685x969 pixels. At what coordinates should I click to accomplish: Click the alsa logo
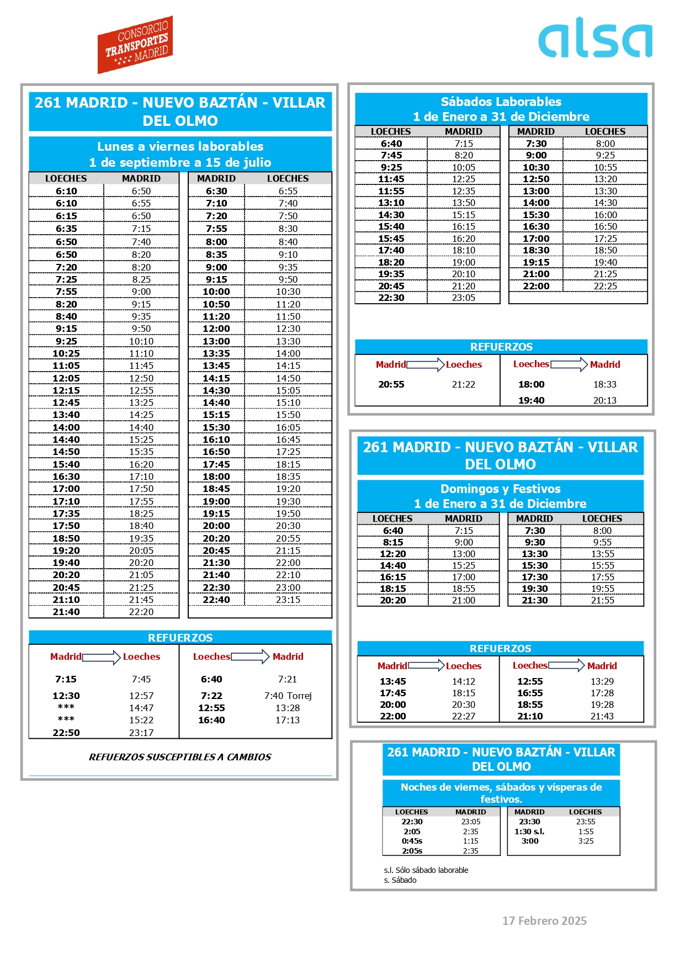[595, 38]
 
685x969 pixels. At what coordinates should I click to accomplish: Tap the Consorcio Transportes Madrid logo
[135, 45]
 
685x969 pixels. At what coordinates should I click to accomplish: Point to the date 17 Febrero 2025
[544, 921]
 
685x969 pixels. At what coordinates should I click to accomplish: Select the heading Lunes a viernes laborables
[180, 147]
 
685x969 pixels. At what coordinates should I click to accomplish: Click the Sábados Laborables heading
[501, 102]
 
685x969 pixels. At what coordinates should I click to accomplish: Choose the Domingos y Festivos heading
[500, 489]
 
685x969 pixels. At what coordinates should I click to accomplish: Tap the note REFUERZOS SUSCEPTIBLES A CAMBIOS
[180, 757]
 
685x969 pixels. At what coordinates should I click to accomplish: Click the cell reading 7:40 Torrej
[288, 696]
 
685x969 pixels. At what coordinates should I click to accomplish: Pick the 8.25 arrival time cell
[141, 279]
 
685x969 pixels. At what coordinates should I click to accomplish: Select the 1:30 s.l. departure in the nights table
[529, 832]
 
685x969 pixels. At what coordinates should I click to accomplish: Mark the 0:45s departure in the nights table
[412, 841]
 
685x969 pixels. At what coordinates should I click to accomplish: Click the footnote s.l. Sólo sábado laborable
[426, 870]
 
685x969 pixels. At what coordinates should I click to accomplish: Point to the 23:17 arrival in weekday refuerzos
[141, 733]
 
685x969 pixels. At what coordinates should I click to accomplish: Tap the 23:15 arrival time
[288, 600]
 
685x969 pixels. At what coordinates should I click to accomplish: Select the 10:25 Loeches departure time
[66, 353]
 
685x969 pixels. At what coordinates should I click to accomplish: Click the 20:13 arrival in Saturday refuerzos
[604, 400]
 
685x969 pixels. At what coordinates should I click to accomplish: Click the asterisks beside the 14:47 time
[66, 708]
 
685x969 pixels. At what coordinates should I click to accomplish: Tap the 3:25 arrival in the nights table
[586, 841]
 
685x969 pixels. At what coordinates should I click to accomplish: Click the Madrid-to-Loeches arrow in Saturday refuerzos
[425, 364]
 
